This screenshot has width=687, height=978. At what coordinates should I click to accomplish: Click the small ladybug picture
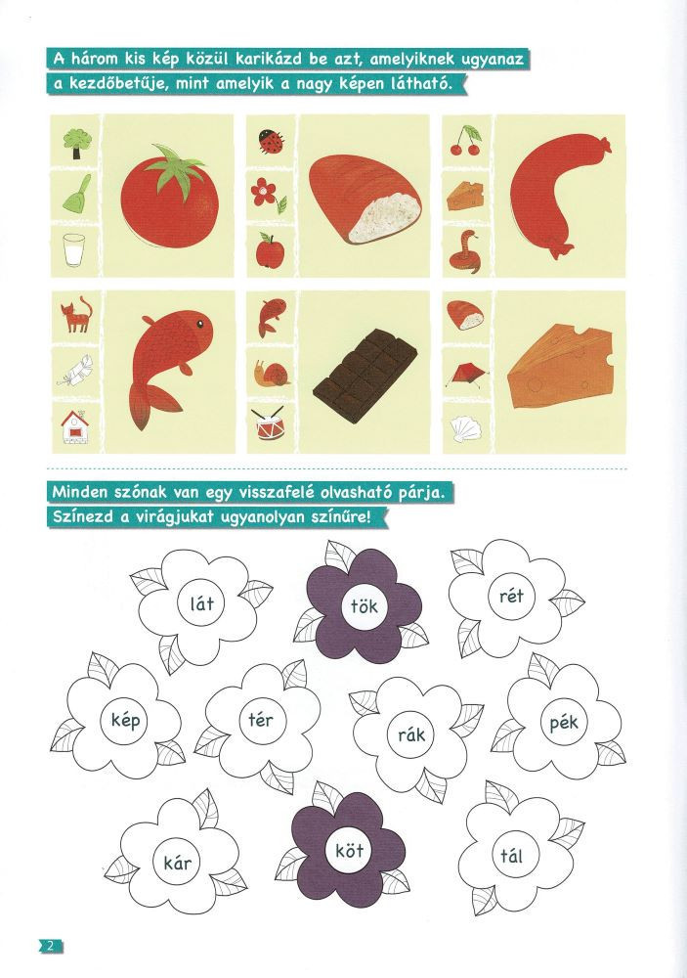[272, 141]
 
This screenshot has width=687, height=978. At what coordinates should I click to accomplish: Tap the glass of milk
[73, 250]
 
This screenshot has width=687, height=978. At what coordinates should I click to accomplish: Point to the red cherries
[466, 140]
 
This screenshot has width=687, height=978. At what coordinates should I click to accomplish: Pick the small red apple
[270, 250]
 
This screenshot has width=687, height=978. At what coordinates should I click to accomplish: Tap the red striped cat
[76, 315]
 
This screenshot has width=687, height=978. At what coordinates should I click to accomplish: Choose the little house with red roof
[75, 427]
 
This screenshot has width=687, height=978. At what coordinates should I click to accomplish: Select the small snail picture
[272, 373]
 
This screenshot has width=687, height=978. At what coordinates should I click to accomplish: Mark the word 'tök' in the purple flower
[365, 605]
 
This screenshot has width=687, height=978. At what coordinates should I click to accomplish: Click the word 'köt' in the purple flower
[349, 850]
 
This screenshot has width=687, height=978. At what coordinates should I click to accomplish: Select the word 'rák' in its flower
[411, 734]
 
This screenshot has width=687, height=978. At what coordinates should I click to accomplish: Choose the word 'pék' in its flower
[564, 723]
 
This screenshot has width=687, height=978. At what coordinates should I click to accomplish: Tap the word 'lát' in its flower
[202, 603]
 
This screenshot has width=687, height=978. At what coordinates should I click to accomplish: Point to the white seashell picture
[464, 428]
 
